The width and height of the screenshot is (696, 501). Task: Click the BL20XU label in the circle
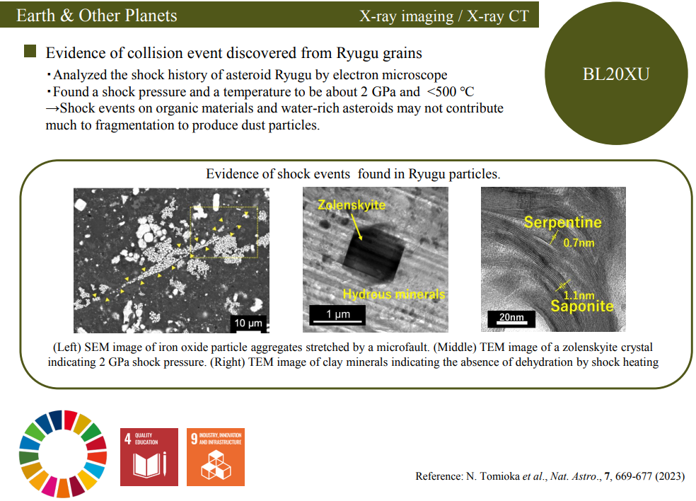616,74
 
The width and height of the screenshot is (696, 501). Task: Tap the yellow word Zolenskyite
352,205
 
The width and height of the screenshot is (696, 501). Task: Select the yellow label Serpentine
562,222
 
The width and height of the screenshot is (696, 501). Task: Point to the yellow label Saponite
582,306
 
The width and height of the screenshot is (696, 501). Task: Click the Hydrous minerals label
394,294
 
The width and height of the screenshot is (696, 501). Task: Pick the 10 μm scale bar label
248,323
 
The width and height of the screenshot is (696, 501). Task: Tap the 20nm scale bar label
511,317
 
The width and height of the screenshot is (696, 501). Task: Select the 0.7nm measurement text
579,243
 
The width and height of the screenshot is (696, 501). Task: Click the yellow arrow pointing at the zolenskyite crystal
356,228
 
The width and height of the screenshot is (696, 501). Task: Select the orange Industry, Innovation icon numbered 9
215,457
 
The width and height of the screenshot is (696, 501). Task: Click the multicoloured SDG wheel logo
63,454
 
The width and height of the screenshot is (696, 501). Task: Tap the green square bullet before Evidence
30,52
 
